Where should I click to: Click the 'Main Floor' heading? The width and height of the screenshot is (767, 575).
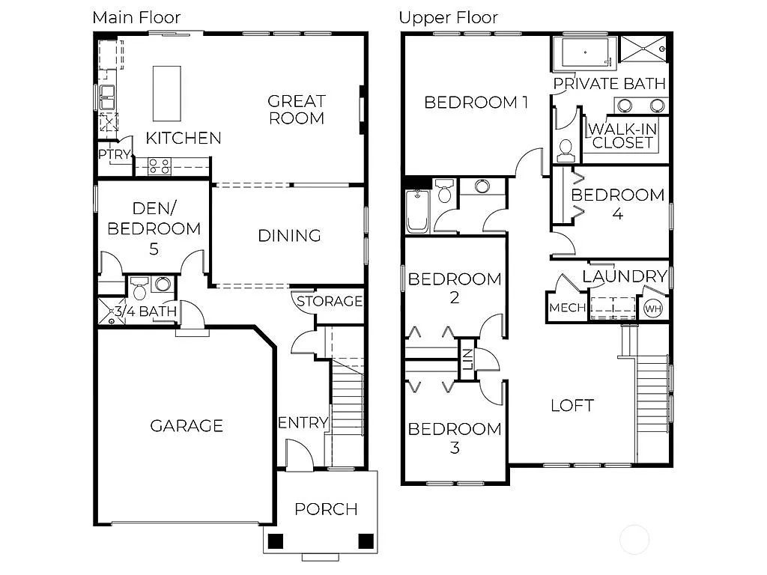136,17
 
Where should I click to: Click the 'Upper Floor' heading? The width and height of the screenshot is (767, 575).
448,17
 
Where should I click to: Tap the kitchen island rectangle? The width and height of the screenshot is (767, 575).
166,93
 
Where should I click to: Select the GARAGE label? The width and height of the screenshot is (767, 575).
187,426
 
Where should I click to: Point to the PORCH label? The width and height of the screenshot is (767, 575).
326,509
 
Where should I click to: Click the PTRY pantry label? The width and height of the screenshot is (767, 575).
115,155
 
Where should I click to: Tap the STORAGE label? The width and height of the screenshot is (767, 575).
330,302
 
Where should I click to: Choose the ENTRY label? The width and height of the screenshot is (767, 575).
303,423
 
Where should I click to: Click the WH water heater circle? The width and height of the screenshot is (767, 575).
653,308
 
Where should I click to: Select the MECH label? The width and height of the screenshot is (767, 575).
568,308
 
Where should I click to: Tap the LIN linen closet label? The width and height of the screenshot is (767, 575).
467,359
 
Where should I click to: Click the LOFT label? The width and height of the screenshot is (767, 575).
572,406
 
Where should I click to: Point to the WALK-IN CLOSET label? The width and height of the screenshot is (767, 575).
623,136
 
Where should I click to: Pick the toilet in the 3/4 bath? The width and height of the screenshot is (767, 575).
139,290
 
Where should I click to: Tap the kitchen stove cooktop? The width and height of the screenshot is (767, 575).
160,166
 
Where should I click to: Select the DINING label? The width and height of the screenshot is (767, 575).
289,236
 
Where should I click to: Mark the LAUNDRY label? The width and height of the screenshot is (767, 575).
624,277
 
